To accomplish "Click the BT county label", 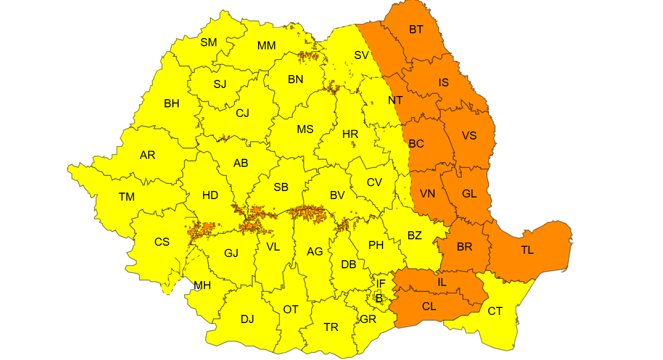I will point(416,30).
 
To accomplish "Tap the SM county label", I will point(209,42).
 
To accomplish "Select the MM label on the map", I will point(266,46).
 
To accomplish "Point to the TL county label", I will point(527,249).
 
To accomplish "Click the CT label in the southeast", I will point(495,311).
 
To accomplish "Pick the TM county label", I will point(127,197).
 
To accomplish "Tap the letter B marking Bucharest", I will point(379,298).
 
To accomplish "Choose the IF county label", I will point(380,283).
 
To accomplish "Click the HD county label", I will point(210,196).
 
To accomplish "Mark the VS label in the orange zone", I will point(469,135).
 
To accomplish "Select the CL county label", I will point(429,307).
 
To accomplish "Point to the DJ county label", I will point(247,320).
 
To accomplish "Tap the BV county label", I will point(337,195).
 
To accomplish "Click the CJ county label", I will point(242,113).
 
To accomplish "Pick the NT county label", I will point(395,100).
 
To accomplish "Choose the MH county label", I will point(202,285).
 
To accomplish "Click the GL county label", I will point(469,194).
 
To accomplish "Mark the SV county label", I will point(362,55).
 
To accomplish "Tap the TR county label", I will point(331,327).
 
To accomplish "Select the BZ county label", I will point(414,236).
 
